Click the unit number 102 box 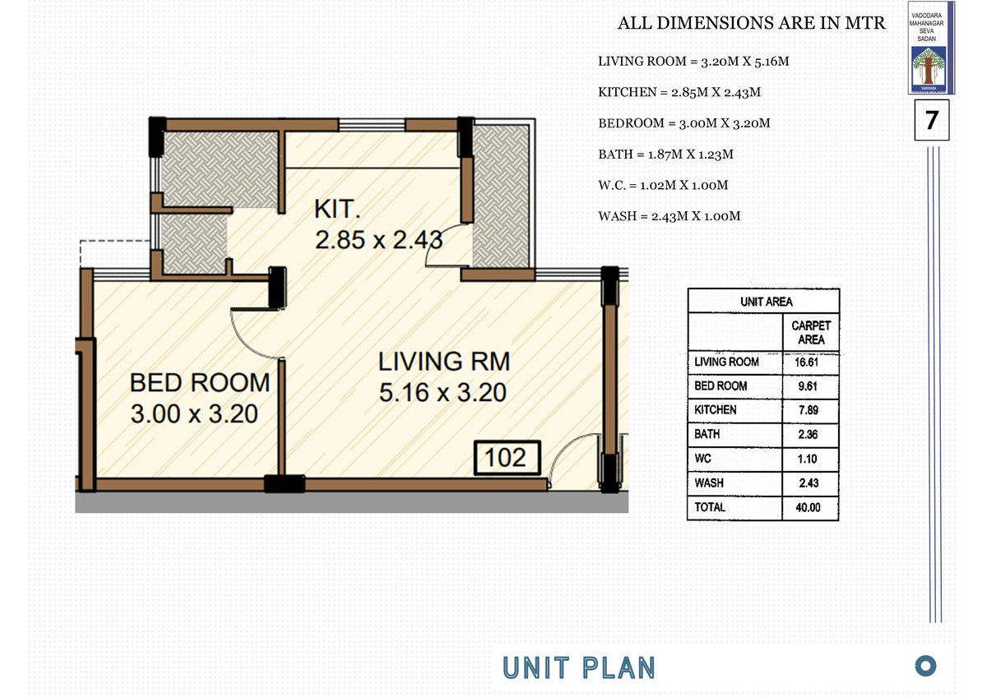coord(507,458)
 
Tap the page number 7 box coord(931,120)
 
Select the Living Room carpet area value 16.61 coord(807,362)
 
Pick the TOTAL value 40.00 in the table coord(808,508)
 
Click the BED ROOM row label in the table coord(721,386)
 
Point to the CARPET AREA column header coord(811,332)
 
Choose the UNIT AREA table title coord(767,302)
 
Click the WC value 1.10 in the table coord(807,459)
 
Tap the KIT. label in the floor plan coord(337,209)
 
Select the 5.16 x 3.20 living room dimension coord(443,392)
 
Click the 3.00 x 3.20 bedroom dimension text coord(194,414)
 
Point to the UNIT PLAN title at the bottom coord(579,668)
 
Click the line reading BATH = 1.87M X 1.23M coord(665,155)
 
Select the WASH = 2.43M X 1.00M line coord(670,216)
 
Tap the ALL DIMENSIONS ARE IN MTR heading coord(751,23)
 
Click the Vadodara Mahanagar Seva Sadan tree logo coord(929,69)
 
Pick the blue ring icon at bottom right coord(925,666)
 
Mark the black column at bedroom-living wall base coord(285,483)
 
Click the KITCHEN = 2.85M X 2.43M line coord(679,92)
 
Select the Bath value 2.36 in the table coord(808,435)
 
